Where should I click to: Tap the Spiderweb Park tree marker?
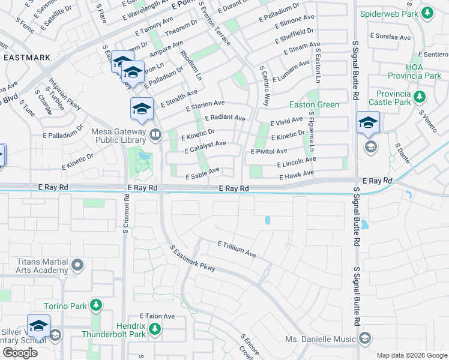click(427, 13)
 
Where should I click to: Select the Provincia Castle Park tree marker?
click(420, 96)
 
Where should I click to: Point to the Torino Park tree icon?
click(95, 306)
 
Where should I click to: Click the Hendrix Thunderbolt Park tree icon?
click(155, 329)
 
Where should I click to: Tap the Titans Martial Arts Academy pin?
click(76, 265)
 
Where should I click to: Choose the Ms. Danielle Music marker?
click(364, 339)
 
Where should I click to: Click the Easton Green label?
click(315, 104)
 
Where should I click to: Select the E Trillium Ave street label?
click(237, 250)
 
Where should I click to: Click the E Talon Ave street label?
click(157, 316)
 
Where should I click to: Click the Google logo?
click(20, 352)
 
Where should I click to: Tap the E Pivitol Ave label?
click(269, 151)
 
